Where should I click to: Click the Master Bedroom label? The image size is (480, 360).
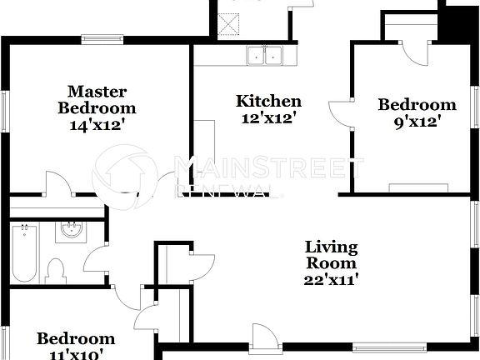(x=96, y=99)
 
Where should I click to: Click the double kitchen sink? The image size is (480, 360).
(x=266, y=56)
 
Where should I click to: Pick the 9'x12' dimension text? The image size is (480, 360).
(x=416, y=122)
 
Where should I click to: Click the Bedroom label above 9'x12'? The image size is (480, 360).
(x=417, y=104)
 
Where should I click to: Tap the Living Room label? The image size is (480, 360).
(x=331, y=255)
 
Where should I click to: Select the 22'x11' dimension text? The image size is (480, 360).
(x=331, y=280)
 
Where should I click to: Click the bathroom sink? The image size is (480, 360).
(x=72, y=231)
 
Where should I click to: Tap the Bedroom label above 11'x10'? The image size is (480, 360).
(x=75, y=338)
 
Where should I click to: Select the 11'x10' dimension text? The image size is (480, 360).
(x=75, y=355)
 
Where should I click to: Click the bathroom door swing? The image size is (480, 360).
(x=97, y=263)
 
